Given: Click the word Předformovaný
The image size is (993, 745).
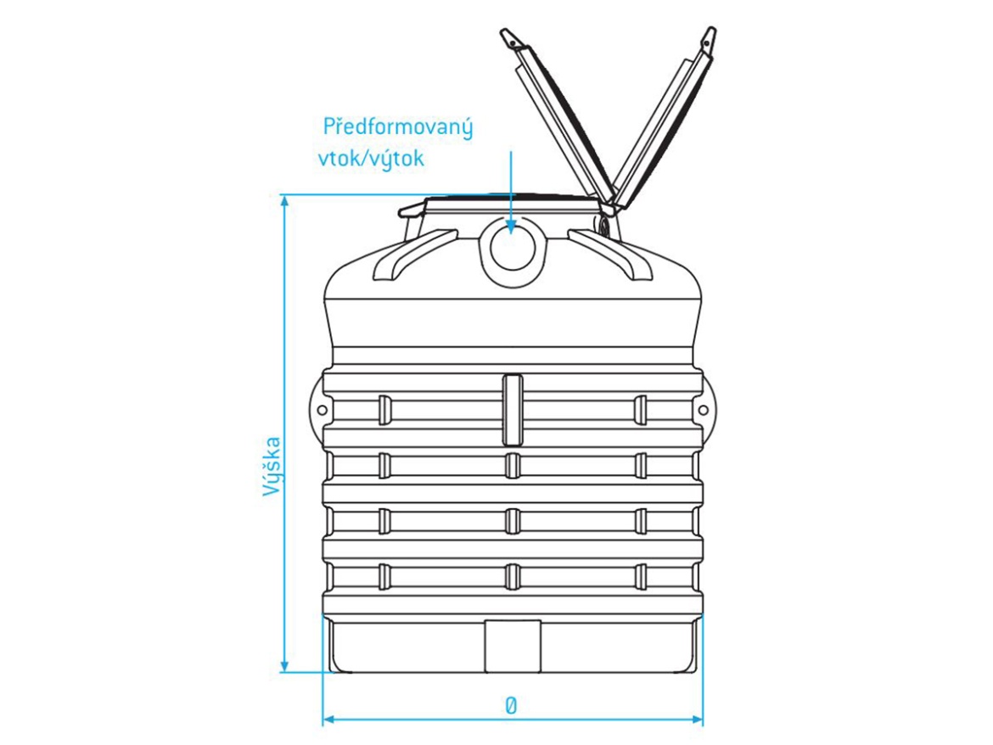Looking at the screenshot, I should point(398,130).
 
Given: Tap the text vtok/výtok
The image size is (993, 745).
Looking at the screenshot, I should point(370,159).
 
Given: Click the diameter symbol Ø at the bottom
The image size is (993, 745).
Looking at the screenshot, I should point(511,705).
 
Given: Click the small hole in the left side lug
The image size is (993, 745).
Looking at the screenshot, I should point(323,411).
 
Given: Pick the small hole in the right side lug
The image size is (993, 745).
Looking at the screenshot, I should point(703,411).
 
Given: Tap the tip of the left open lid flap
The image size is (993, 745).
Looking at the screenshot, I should point(508,36).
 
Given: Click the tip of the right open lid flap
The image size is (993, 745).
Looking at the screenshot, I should point(709,36).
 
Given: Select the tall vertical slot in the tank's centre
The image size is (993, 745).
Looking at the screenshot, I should point(513,409).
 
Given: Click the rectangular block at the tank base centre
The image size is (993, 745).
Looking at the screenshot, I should point(513,645).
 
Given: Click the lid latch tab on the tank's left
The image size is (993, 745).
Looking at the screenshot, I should point(412,210).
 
